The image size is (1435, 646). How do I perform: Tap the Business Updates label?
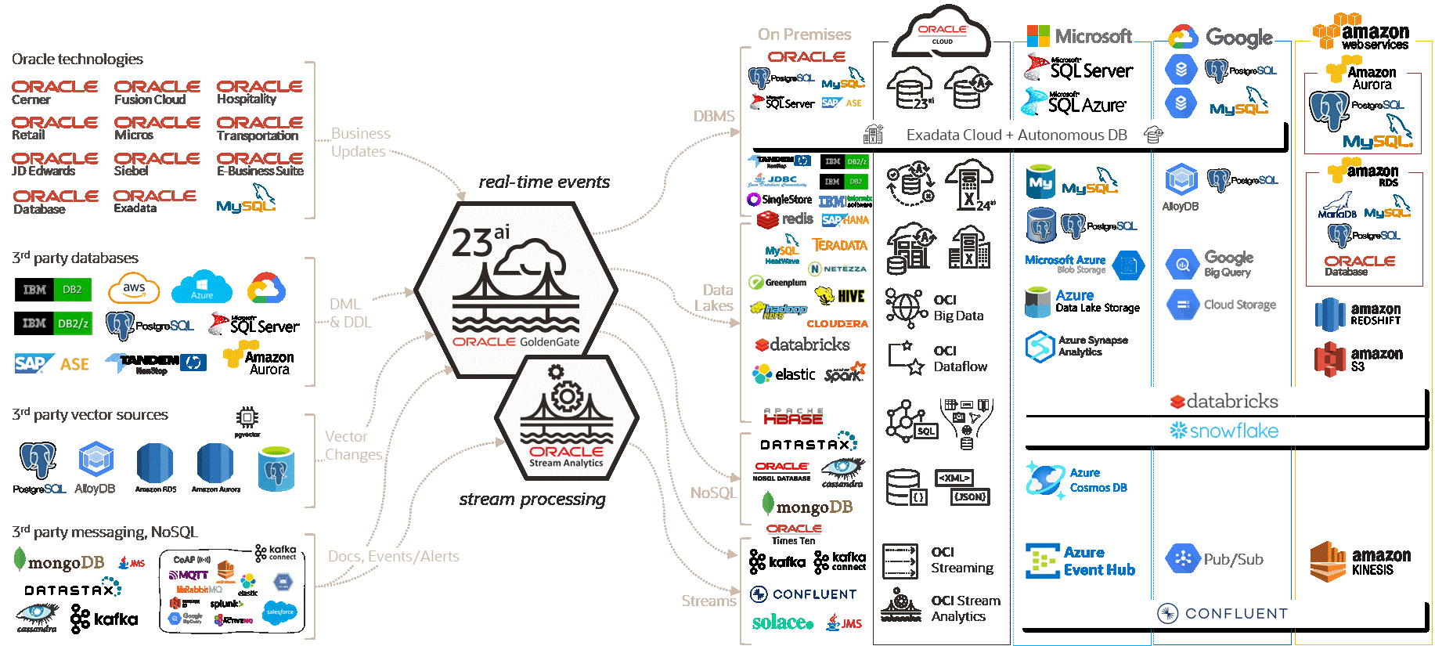point(359,143)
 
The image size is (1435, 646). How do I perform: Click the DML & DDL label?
point(350,313)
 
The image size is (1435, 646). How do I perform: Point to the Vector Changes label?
point(354,446)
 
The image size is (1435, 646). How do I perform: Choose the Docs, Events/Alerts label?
point(393,556)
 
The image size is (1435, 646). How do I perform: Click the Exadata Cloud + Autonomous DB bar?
point(1016,135)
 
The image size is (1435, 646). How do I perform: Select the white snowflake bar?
point(1223,431)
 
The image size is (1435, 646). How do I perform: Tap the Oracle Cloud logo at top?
point(943,34)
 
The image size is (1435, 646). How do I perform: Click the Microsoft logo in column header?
point(1079,36)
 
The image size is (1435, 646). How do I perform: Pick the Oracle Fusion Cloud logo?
point(157,92)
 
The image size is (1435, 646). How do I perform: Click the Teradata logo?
point(839,245)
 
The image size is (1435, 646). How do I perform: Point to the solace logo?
point(782,623)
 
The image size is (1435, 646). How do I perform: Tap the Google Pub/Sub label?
point(1233,559)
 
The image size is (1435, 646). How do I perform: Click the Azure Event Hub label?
point(1098,561)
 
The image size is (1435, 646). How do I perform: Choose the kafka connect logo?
point(276,553)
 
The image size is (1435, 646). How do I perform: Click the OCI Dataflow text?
point(960,359)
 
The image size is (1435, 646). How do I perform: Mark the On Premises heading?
point(804,34)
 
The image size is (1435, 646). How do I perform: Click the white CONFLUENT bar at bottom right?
point(1221,614)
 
